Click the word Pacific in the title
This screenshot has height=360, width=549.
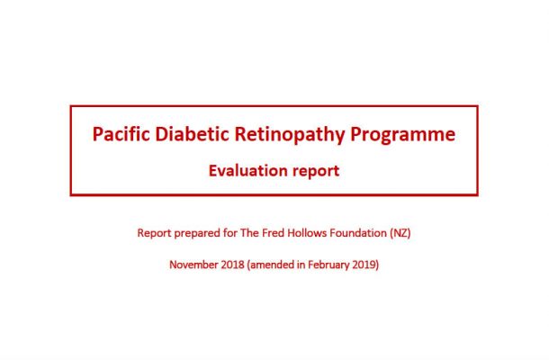[x=121, y=134]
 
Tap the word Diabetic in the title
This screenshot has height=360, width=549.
[x=192, y=134]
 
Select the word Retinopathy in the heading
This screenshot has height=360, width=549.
[x=290, y=135]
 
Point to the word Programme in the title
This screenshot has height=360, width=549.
[x=403, y=135]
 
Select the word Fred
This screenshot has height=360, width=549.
[x=273, y=232]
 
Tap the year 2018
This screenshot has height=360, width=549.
[x=232, y=265]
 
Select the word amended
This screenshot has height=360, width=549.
[x=271, y=265]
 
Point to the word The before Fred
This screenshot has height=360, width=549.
[x=249, y=232]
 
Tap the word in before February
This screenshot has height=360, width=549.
[x=301, y=265]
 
